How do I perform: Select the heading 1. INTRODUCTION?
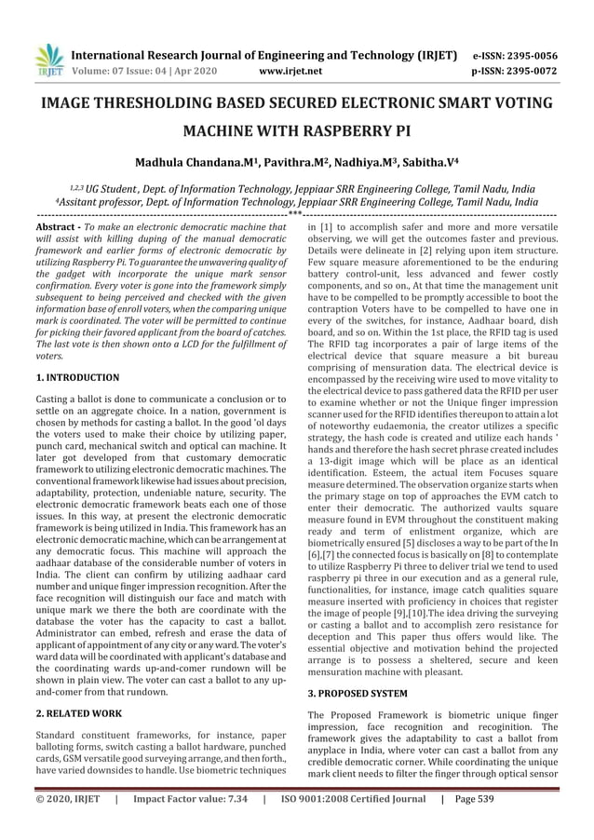76,377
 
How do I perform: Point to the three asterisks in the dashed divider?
296,216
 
